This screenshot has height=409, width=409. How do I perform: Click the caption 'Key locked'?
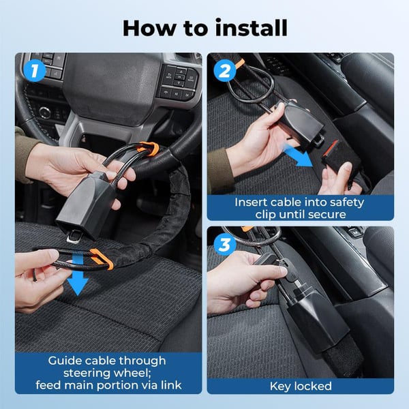(300, 386)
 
